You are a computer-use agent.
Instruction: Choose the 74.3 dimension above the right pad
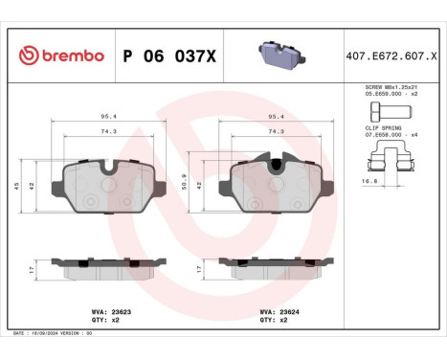[x=276, y=131]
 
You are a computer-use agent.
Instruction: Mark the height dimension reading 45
[x=17, y=187]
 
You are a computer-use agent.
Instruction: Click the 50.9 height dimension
[x=184, y=177]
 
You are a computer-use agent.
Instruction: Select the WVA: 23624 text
[x=279, y=311]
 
